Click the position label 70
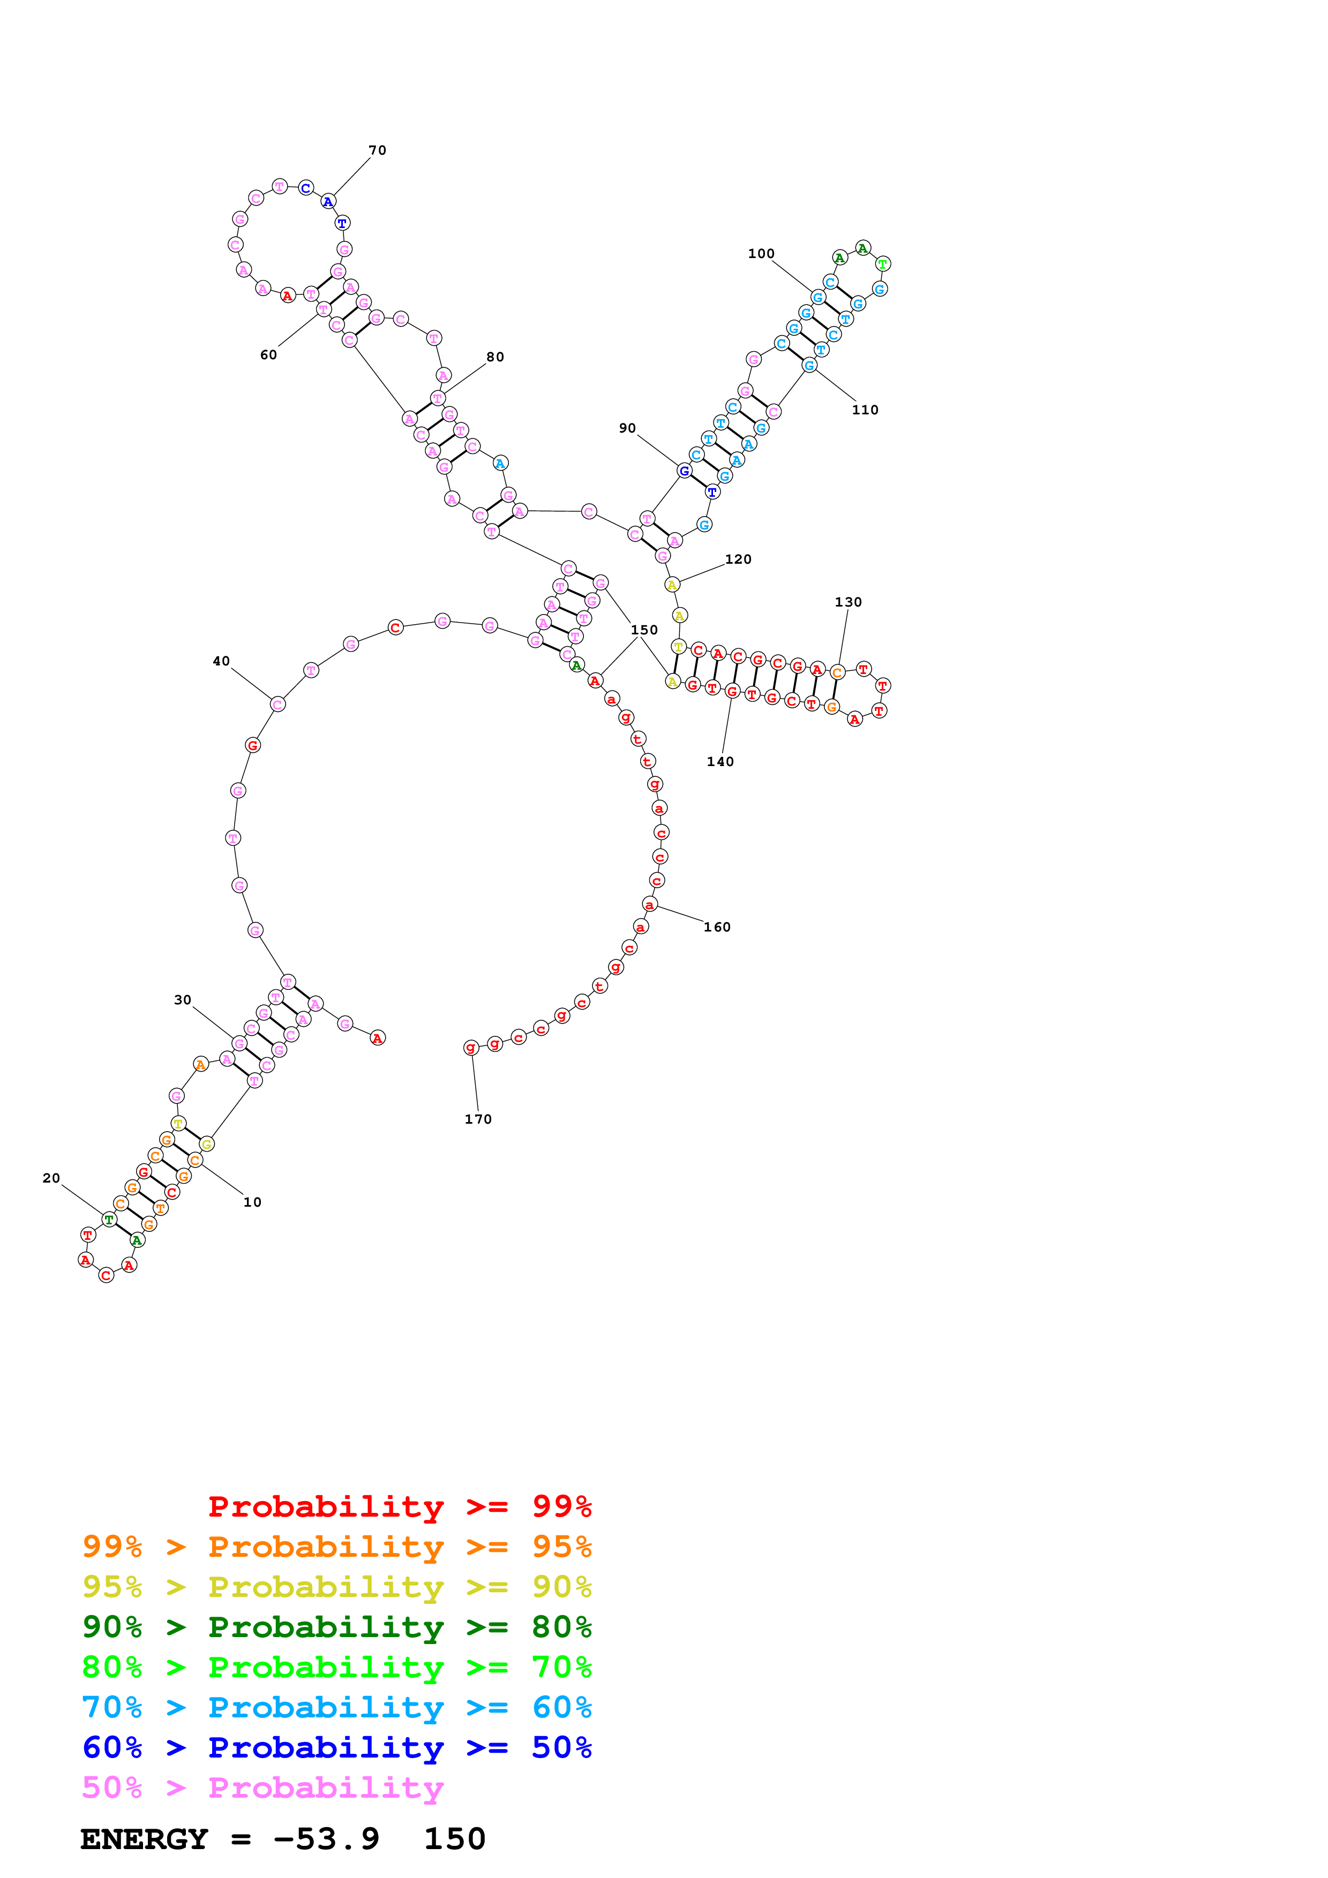tap(377, 150)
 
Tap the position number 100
tap(761, 254)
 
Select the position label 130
tap(849, 602)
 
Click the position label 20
tap(51, 1178)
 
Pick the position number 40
tap(221, 661)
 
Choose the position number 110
tap(865, 410)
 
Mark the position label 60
tap(268, 355)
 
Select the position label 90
tap(628, 428)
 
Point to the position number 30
tap(183, 999)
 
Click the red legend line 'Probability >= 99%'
tap(399, 1506)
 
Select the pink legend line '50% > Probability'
tap(262, 1787)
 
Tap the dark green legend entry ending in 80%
tap(336, 1627)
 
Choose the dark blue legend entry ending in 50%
tap(336, 1747)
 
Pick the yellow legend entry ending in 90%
tap(336, 1587)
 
